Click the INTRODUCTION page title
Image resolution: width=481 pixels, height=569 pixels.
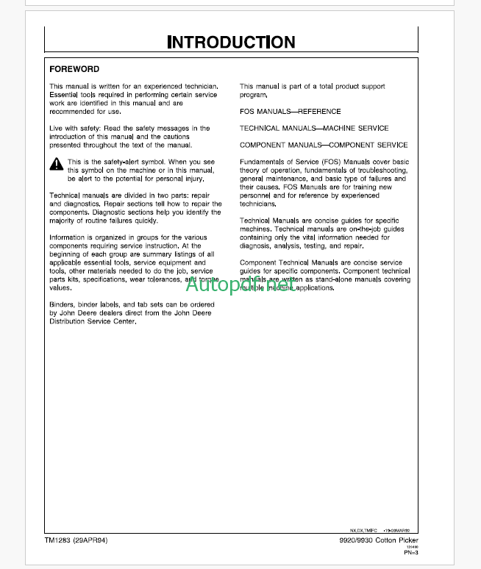[231, 42]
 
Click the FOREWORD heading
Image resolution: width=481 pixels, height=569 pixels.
[74, 69]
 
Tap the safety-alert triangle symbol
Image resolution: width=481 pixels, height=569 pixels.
[56, 165]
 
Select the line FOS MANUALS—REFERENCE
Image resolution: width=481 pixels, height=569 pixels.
[290, 112]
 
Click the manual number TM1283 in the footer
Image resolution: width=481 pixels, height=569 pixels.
[53, 540]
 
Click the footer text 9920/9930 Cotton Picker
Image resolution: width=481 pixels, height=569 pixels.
[415, 541]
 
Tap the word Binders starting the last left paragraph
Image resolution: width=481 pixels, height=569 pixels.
[61, 304]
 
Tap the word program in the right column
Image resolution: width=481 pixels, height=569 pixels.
[253, 95]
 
